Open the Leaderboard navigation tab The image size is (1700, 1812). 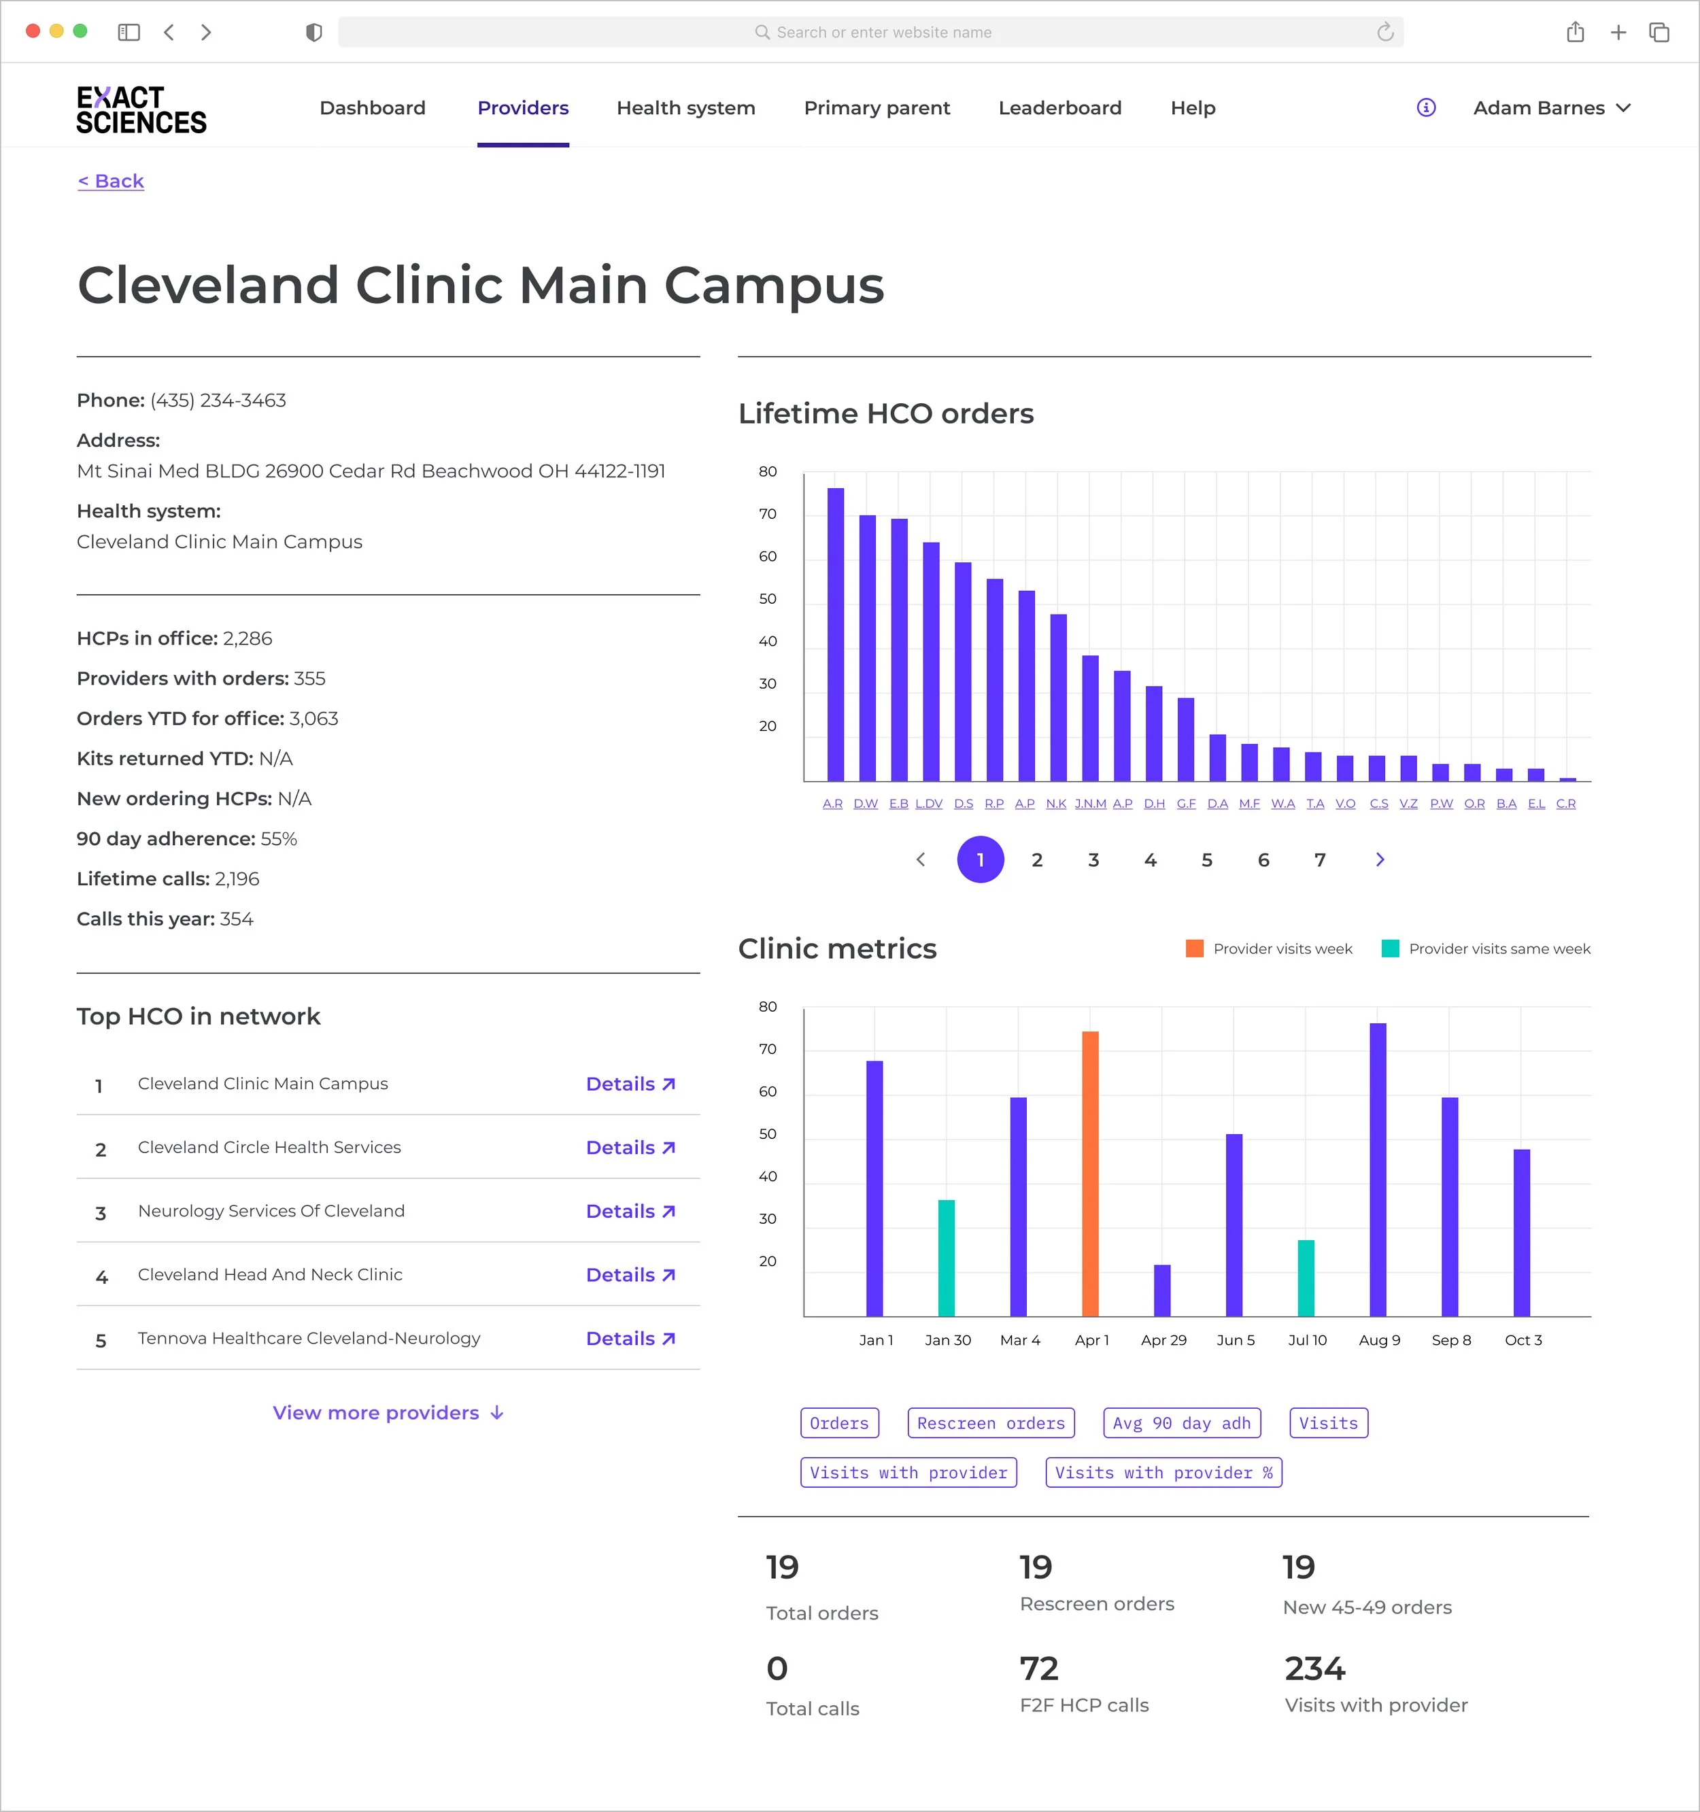click(1060, 107)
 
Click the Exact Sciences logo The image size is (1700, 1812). click(141, 109)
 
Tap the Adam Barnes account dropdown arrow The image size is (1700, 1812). click(1623, 107)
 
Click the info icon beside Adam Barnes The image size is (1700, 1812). click(1427, 107)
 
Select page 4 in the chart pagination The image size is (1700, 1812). click(1151, 859)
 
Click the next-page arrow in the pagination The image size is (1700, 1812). click(1380, 859)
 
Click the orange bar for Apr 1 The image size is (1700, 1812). click(1090, 1174)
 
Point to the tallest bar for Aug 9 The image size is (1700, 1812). click(1378, 1169)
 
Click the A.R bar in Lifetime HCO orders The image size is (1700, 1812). click(835, 634)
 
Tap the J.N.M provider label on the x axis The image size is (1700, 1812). click(1090, 804)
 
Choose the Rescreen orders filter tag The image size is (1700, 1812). click(991, 1423)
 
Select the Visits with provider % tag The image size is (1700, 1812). click(1163, 1473)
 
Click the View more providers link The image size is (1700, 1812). click(388, 1413)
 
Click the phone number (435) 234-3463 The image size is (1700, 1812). click(218, 400)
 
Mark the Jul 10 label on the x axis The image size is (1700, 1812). click(1307, 1340)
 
